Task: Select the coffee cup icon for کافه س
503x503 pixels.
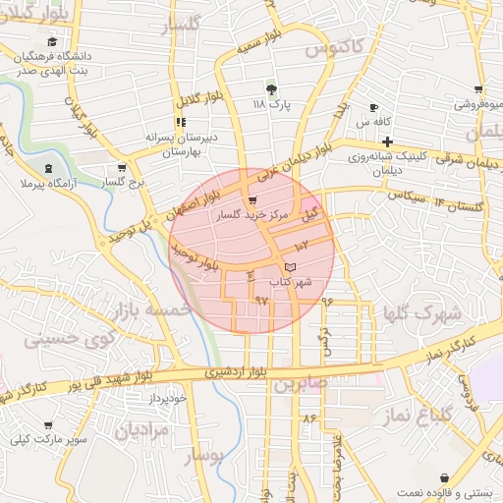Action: pos(373,107)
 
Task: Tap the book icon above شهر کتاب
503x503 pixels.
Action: pos(289,267)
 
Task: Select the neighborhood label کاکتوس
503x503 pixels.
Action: pos(334,46)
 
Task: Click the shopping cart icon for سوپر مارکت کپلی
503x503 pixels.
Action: pos(47,425)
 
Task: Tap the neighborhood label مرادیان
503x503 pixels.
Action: pos(141,429)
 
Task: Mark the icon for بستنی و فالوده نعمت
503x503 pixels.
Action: pos(445,477)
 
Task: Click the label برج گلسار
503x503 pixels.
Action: pos(126,183)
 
